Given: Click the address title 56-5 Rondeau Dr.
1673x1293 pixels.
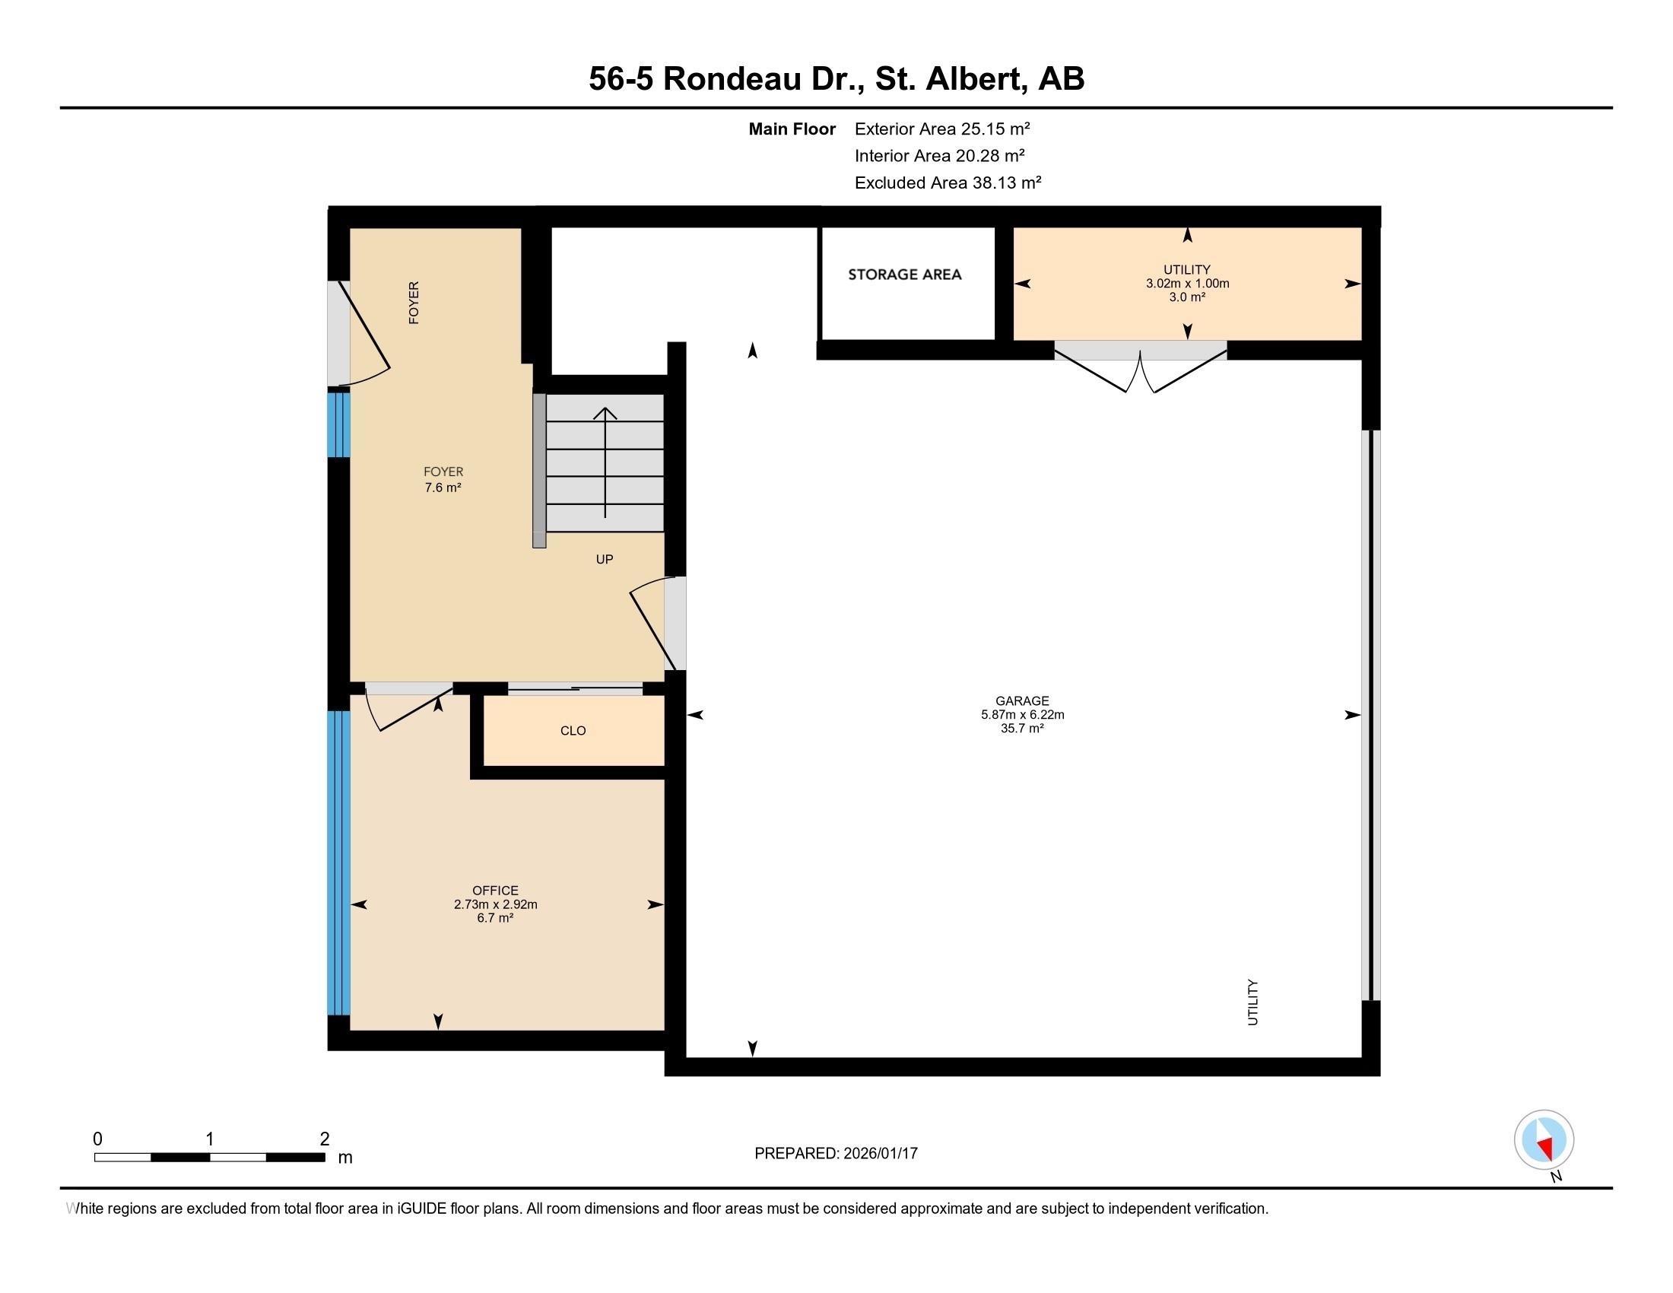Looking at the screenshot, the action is coord(726,79).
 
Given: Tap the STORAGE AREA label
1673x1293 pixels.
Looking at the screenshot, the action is coord(904,275).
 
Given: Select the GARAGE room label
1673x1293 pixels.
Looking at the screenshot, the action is coord(1022,700).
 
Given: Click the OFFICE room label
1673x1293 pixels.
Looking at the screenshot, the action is coord(495,890).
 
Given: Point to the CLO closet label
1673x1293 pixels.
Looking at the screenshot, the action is coord(573,731).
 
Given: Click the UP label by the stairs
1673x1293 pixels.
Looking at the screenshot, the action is coord(605,559).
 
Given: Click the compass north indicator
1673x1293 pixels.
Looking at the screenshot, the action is coord(1544,1140).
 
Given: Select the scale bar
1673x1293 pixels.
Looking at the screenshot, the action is coord(210,1157).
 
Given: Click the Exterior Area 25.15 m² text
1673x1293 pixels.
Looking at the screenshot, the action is coord(942,129).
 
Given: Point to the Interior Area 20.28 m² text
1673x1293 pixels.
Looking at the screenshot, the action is coord(940,155).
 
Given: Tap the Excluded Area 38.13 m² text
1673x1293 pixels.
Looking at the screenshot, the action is coord(948,183).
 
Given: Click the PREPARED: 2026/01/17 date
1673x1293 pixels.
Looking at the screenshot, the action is coord(836,1153).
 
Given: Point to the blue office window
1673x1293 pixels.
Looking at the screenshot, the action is coord(338,863).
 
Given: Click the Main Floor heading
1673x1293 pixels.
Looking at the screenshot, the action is coord(792,129).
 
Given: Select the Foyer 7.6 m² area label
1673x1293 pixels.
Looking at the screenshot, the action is coord(443,479).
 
